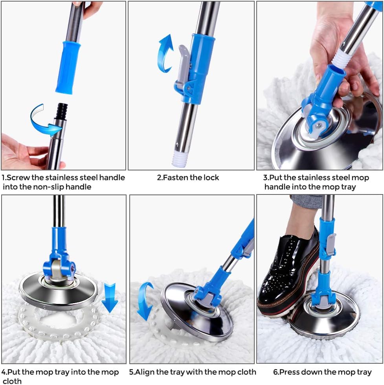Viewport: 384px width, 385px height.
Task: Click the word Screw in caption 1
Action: [x=19, y=178]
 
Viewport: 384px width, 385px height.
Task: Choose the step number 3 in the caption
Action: [x=265, y=178]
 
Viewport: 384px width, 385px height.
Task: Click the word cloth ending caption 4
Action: [x=12, y=381]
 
